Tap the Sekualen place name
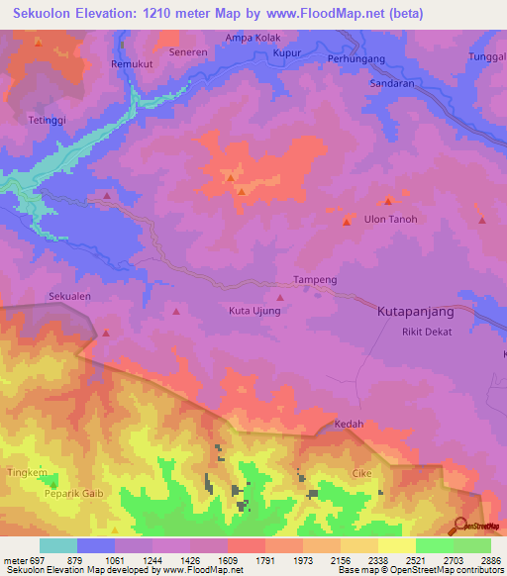point(69,296)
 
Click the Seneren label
point(187,51)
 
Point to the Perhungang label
point(354,58)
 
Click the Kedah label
point(350,424)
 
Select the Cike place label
point(361,473)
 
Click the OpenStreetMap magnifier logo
point(460,525)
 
